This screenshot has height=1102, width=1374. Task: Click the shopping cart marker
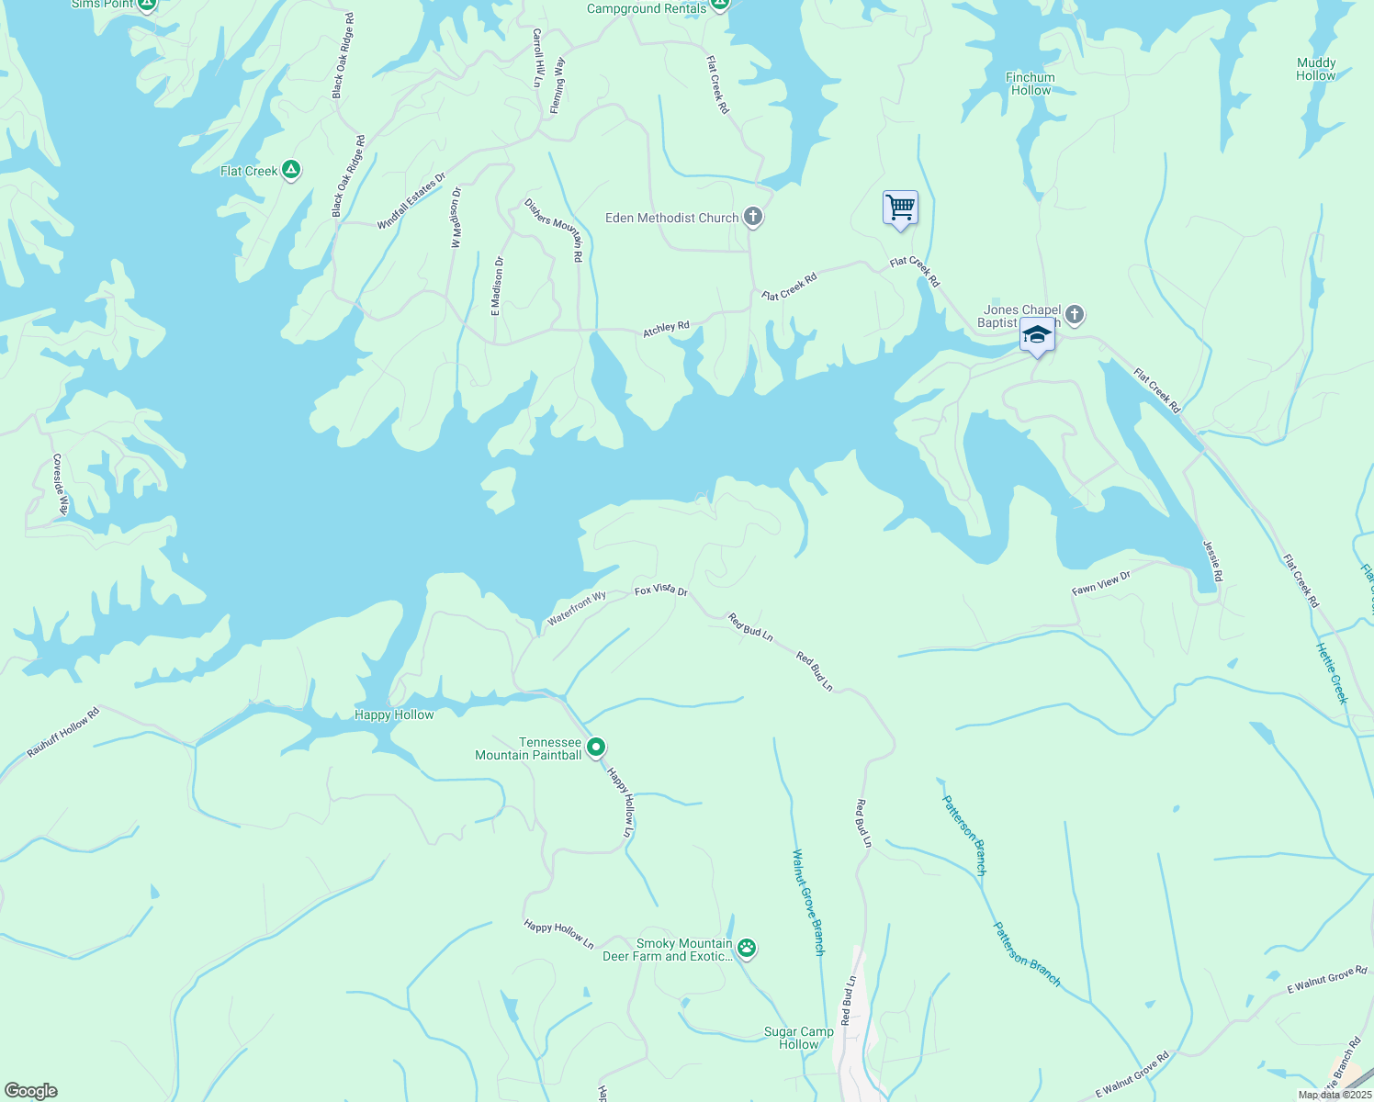pos(900,208)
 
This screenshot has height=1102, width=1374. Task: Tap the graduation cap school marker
pos(1037,335)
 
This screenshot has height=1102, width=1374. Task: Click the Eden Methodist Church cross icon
pos(753,218)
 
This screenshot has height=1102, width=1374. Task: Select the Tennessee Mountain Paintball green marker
pos(596,748)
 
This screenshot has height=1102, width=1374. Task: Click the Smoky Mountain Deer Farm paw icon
pos(747,949)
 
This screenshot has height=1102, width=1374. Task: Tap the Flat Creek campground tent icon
pos(291,170)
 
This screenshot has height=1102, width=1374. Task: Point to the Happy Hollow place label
pos(394,714)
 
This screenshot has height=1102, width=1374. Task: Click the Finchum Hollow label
pos(1030,84)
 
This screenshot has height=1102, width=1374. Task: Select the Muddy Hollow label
pos(1316,69)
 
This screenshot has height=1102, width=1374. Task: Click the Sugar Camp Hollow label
pos(799,1038)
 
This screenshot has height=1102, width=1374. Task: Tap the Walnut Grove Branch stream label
pos(807,902)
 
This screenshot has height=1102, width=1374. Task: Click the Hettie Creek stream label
pos(1332,673)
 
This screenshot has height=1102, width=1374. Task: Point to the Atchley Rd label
pos(666,329)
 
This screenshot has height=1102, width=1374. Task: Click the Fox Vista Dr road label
pos(661,591)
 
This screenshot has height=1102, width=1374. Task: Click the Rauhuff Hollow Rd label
pos(62,732)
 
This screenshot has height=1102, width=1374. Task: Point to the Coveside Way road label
pos(60,485)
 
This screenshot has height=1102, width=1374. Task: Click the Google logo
pos(30,1091)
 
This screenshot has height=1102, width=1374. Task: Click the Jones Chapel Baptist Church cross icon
pos(1075,316)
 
